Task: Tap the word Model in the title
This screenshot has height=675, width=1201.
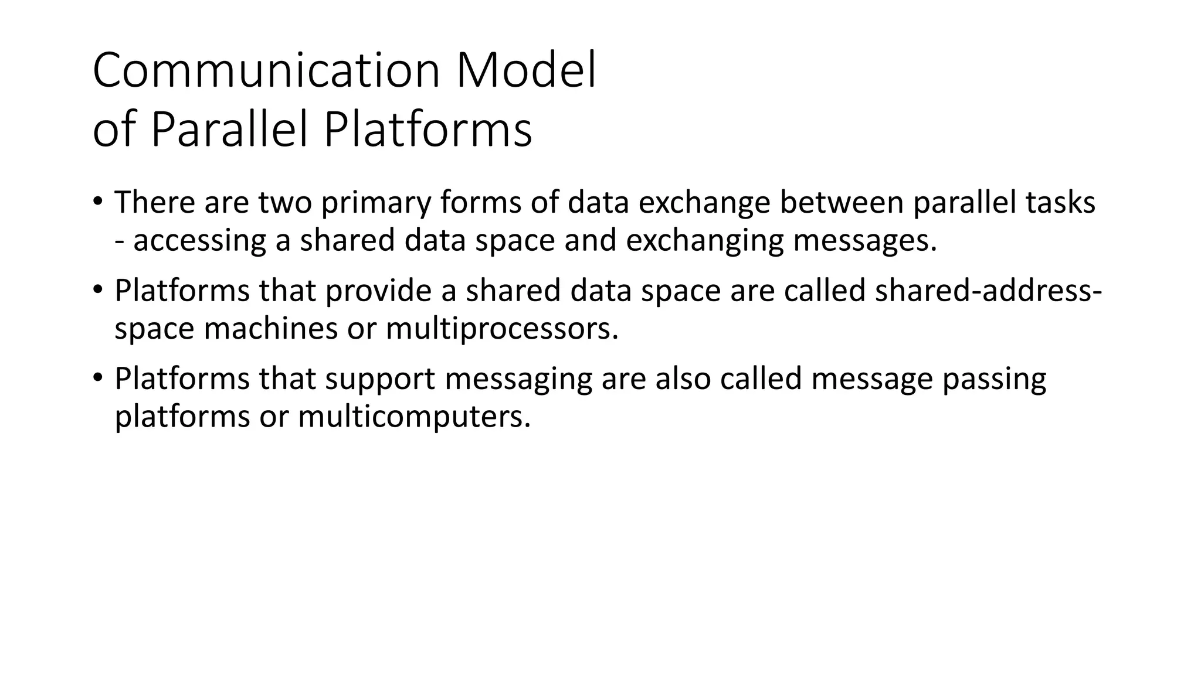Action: click(x=525, y=71)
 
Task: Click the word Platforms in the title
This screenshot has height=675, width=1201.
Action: click(x=428, y=130)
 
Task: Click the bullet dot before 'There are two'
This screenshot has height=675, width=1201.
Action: click(x=97, y=201)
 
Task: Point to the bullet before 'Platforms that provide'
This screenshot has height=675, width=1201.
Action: click(x=97, y=289)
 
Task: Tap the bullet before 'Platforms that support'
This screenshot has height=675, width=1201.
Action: click(x=97, y=377)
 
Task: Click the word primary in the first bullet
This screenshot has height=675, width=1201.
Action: click(x=376, y=203)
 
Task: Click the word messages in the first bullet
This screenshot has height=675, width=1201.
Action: click(x=864, y=241)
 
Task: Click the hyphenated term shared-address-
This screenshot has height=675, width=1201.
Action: click(x=988, y=291)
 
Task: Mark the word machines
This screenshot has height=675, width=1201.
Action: click(x=270, y=329)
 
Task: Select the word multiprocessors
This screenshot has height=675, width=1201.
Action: click(x=502, y=329)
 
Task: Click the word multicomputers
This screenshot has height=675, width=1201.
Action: click(x=414, y=417)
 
